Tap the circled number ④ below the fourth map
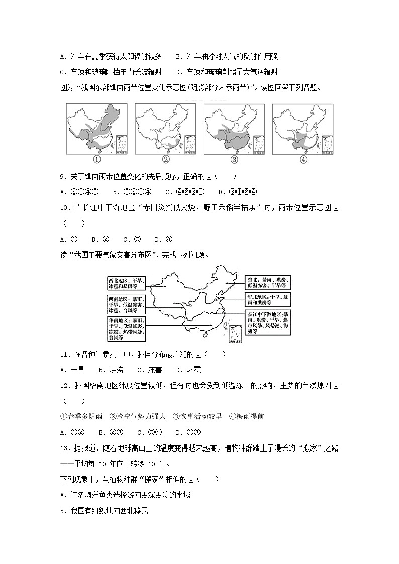[x=303, y=160]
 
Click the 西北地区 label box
[x=126, y=283]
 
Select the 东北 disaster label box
[x=268, y=282]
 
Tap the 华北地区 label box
[x=268, y=300]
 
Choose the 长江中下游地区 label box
[x=268, y=322]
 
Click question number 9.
[x=63, y=177]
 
